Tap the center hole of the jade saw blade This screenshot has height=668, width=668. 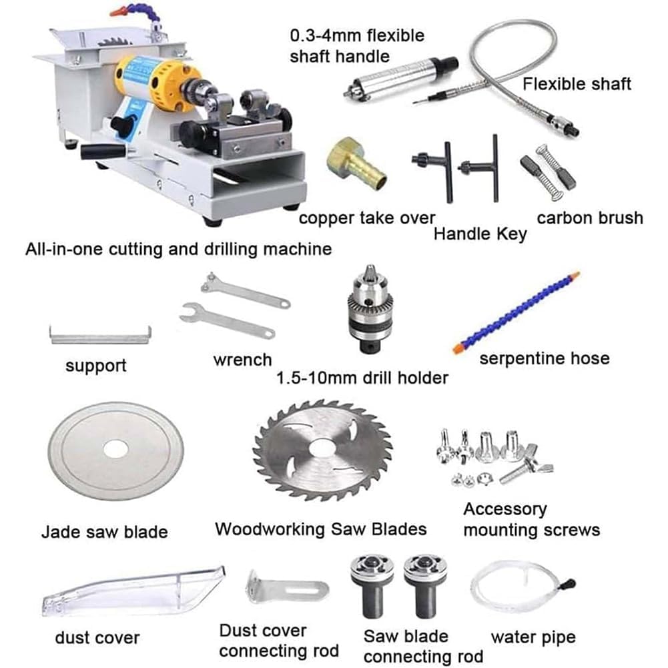pyautogui.click(x=116, y=450)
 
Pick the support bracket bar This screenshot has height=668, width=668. pyautogui.click(x=100, y=336)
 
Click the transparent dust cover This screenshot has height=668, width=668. pyautogui.click(x=133, y=591)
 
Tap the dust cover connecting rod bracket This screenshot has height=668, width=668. pyautogui.click(x=287, y=587)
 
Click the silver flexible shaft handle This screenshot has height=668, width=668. pyautogui.click(x=400, y=78)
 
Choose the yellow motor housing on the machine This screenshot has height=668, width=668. pyautogui.click(x=155, y=84)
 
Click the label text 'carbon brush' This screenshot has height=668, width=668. pyautogui.click(x=590, y=218)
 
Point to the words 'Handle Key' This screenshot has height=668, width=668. pyautogui.click(x=480, y=234)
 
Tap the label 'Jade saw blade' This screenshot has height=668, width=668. pyautogui.click(x=104, y=532)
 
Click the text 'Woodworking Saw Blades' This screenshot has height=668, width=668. pyautogui.click(x=321, y=529)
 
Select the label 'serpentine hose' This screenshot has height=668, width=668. pyautogui.click(x=545, y=358)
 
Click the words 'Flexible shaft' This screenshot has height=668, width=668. pyautogui.click(x=577, y=84)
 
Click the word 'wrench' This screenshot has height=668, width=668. pyautogui.click(x=242, y=360)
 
